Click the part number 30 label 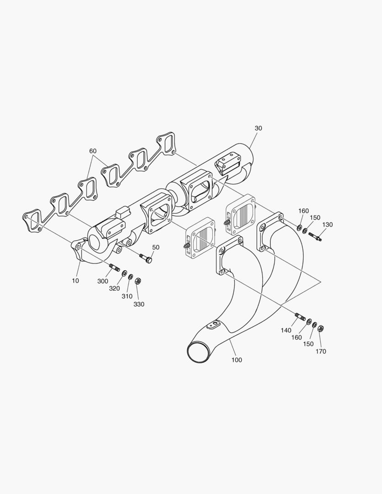point(258,129)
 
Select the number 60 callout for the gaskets point(93,151)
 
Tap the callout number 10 point(75,280)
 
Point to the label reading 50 point(156,247)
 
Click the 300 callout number point(103,281)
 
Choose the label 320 point(114,288)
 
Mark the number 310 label point(127,296)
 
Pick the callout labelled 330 point(139,304)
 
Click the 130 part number point(328,225)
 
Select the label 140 point(286,330)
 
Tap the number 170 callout point(321,351)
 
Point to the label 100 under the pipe point(237,360)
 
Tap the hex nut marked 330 point(138,281)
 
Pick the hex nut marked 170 point(321,328)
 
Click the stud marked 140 point(301,317)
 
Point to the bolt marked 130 point(315,236)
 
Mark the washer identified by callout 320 point(124,273)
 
